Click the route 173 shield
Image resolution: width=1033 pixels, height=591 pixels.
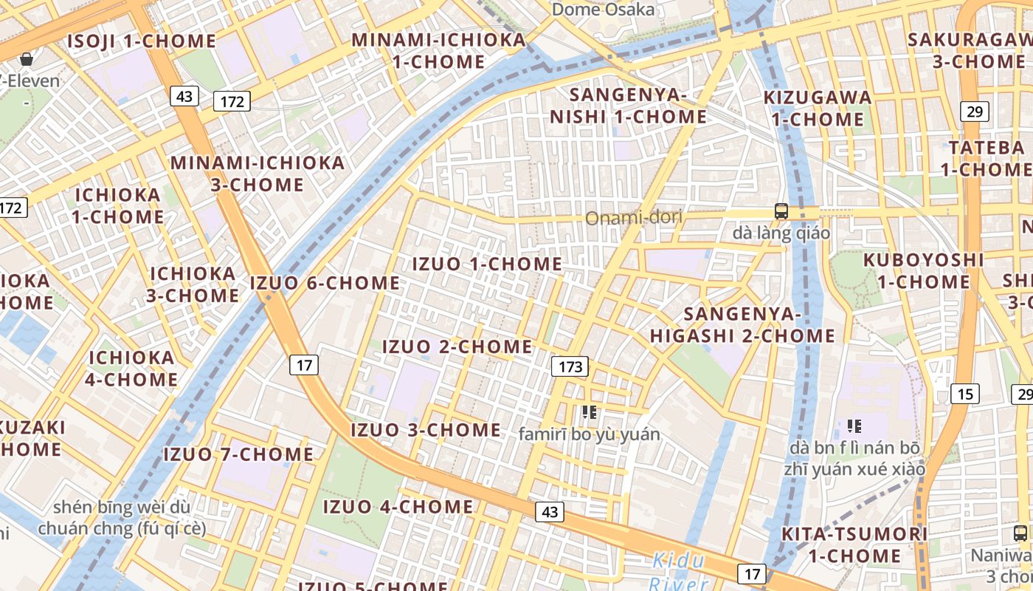(570, 366)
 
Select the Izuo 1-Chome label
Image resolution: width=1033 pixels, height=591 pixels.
(487, 264)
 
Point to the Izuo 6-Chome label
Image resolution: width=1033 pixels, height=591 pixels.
(325, 283)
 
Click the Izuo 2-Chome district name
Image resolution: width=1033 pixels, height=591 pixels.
(457, 346)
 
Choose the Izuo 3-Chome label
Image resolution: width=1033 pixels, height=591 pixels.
(426, 430)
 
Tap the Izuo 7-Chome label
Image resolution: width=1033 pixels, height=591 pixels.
(238, 454)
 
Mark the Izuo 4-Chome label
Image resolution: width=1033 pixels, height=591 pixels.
(398, 507)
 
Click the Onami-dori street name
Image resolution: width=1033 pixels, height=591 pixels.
(634, 218)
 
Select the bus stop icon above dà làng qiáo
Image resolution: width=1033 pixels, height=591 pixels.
(781, 211)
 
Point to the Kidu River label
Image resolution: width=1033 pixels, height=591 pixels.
(678, 572)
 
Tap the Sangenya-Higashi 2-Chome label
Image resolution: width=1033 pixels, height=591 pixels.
(742, 325)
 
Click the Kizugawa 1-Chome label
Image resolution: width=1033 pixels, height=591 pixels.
(818, 108)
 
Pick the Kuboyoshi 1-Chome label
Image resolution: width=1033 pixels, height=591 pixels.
(924, 270)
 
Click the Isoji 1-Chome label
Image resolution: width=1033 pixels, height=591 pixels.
(142, 41)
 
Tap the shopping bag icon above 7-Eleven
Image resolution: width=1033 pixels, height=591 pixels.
(27, 58)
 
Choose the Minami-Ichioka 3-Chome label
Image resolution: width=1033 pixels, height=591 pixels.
(258, 173)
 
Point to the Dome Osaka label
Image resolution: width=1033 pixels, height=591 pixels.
(603, 10)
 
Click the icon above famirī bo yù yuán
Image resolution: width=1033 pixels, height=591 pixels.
(588, 411)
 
